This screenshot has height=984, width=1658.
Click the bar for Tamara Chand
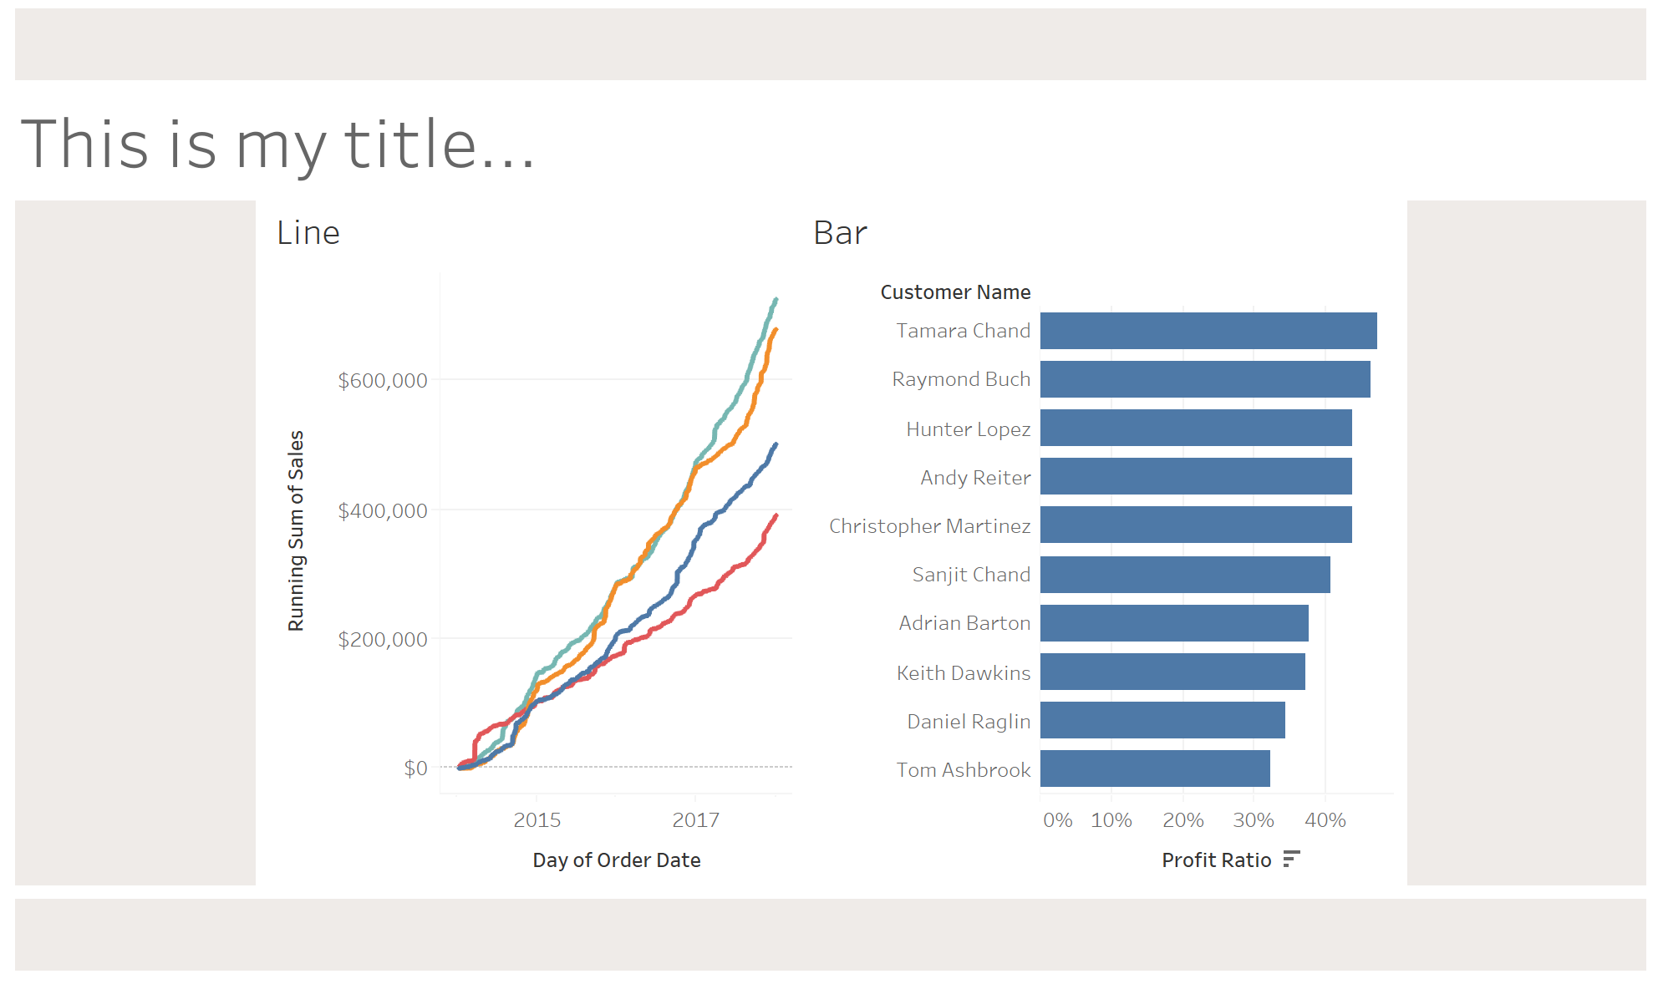click(x=1208, y=331)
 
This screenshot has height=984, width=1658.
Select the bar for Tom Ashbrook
click(x=1154, y=768)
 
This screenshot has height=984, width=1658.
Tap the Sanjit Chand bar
click(x=1184, y=575)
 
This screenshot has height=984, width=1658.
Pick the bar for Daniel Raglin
click(x=1162, y=720)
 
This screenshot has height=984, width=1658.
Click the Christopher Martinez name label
click(x=929, y=526)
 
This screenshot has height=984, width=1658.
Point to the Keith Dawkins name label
click(x=963, y=673)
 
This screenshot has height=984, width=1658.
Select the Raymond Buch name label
click(x=960, y=379)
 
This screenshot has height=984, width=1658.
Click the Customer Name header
click(x=954, y=292)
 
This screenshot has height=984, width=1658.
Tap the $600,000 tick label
click(x=382, y=381)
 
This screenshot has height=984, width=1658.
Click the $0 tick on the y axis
click(x=415, y=768)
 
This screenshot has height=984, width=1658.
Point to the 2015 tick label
click(x=537, y=820)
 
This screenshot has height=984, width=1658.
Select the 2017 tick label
click(x=695, y=820)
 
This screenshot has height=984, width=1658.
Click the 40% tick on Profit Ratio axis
click(x=1325, y=820)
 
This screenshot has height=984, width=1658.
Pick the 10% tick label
click(x=1111, y=820)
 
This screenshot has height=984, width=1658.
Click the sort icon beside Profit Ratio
click(x=1291, y=859)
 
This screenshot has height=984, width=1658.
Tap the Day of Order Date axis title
click(x=616, y=860)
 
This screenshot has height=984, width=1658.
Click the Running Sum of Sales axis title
click(x=296, y=530)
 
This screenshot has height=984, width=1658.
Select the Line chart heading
click(x=308, y=233)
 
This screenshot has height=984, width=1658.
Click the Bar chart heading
click(x=840, y=233)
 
